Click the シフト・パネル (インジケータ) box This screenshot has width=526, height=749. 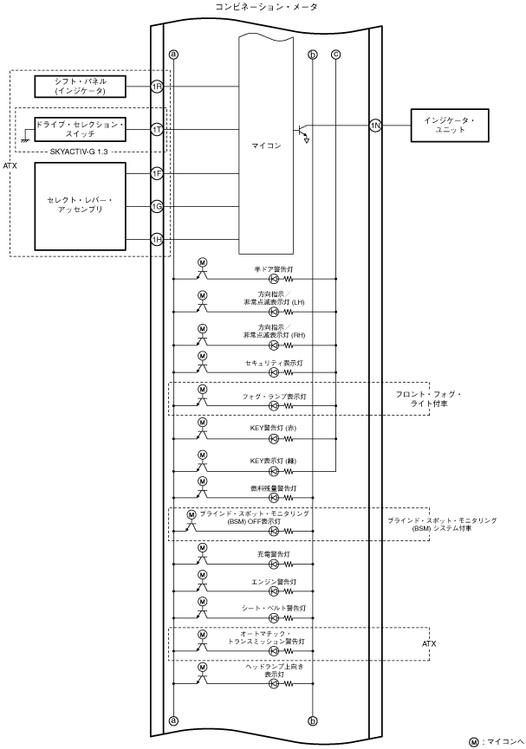coord(80,86)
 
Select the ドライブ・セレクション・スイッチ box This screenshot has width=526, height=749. coord(80,129)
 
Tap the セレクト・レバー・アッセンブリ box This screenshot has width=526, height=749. coord(80,206)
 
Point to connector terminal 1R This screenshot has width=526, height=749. coord(157,86)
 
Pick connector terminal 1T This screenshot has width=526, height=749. coord(157,129)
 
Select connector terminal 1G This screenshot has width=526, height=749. coord(157,206)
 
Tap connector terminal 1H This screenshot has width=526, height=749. coord(157,239)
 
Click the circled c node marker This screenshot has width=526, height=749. coord(335,55)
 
